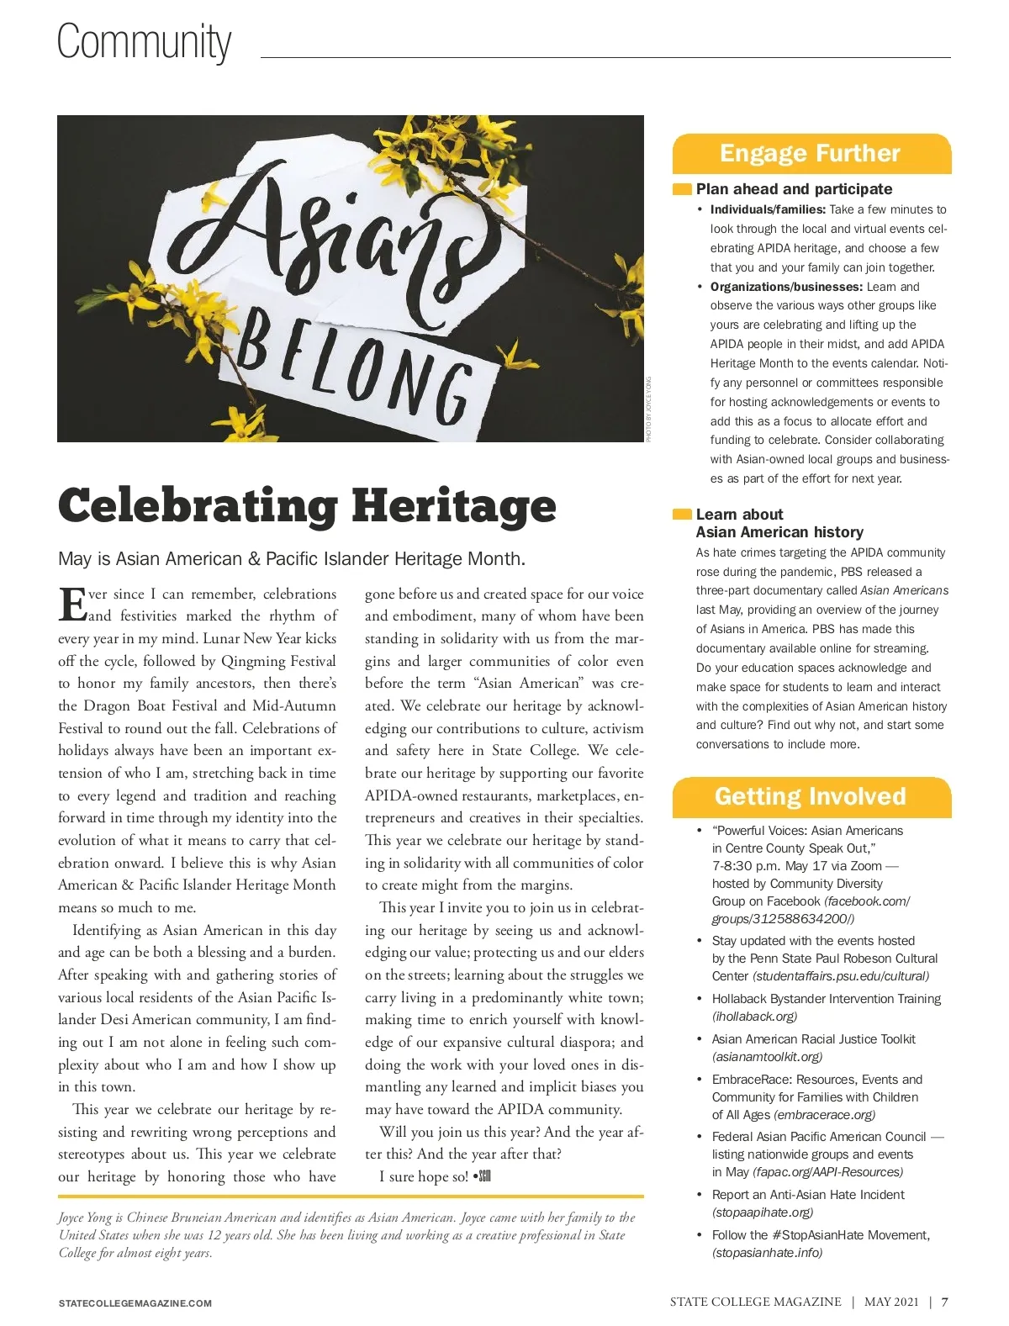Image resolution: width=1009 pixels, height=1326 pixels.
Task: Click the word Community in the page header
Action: tap(144, 42)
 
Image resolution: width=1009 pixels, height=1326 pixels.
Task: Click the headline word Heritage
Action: tap(453, 505)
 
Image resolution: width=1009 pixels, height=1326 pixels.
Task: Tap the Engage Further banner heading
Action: tap(810, 153)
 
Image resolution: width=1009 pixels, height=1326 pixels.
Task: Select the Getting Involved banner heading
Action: tap(810, 796)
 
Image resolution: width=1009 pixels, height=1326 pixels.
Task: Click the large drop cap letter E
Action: tap(72, 605)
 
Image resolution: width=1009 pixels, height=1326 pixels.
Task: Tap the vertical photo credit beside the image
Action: tap(649, 409)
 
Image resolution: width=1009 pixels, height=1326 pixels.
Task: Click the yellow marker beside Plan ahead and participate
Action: tap(681, 189)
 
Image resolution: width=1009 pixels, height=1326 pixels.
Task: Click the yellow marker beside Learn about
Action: tap(681, 515)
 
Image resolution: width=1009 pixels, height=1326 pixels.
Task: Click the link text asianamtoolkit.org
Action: tap(767, 1056)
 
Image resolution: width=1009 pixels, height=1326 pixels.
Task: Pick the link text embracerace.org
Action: tap(824, 1114)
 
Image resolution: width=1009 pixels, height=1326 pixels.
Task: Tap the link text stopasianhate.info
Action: tap(767, 1252)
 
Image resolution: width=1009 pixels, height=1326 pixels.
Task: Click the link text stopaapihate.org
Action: tap(763, 1212)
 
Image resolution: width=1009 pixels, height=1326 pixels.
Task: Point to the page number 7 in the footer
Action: tap(944, 1302)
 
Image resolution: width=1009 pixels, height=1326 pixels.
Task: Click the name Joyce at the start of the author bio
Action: tap(74, 1218)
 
